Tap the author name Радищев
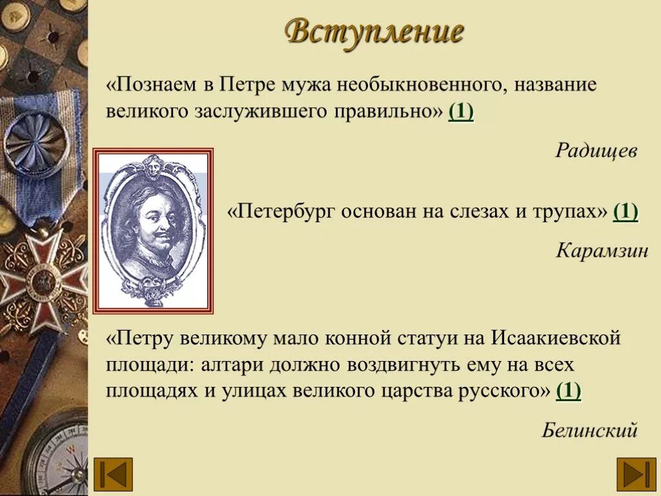tap(596, 151)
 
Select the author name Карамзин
tap(602, 251)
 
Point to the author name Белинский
tap(589, 429)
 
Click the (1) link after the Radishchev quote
tap(461, 112)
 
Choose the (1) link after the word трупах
tap(625, 212)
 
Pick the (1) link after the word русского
tap(568, 391)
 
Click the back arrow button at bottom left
tap(113, 473)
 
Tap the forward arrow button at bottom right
tap(636, 473)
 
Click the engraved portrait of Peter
tap(153, 231)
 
